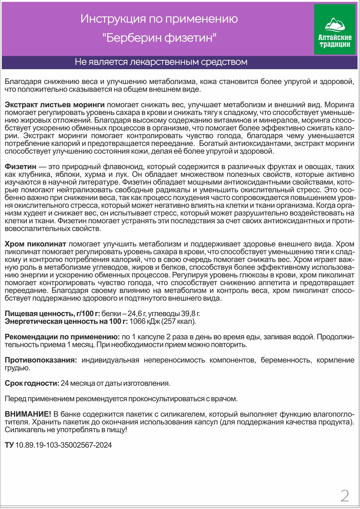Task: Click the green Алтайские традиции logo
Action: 334,30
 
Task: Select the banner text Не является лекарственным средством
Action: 161,62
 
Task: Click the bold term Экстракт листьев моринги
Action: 55,104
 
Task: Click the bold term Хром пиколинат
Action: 35,244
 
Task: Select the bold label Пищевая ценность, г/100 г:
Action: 53,313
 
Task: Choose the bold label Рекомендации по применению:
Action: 62,337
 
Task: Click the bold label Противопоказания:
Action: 41,360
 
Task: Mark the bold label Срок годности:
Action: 32,383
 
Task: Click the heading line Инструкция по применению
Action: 159,19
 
